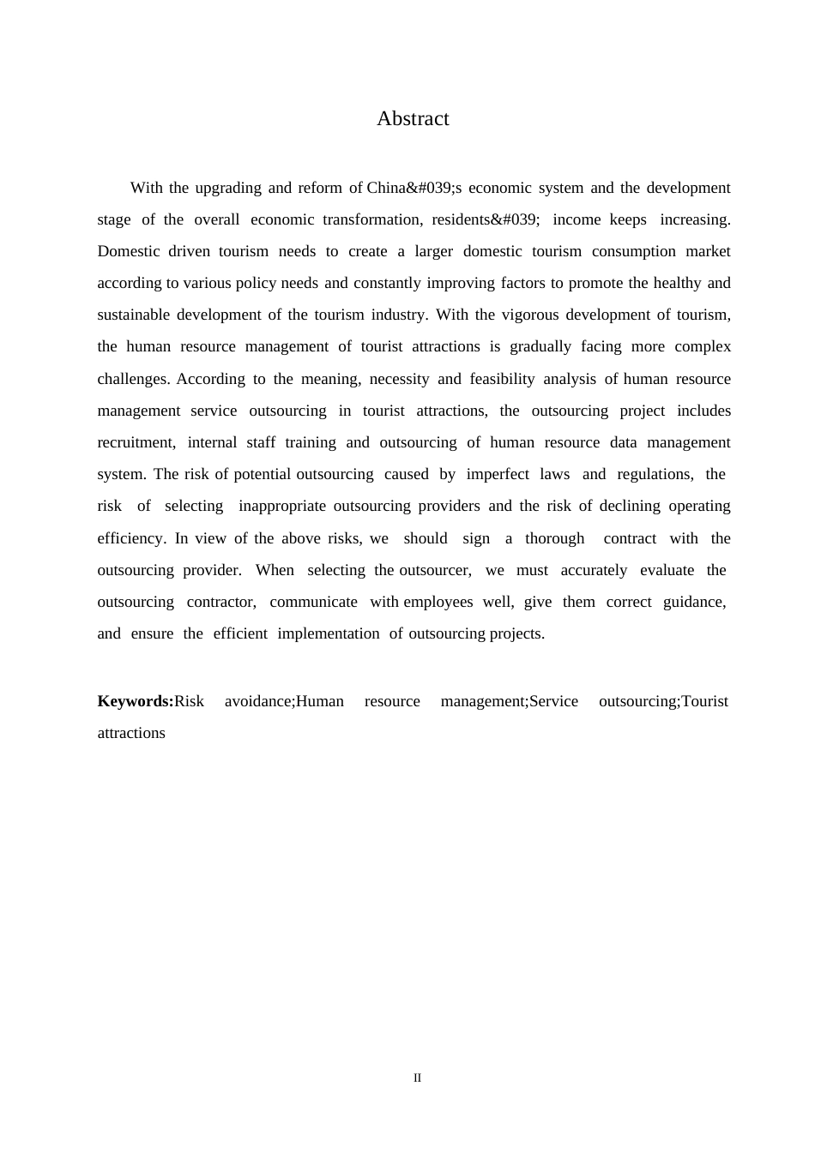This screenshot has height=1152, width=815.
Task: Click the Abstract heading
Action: [413, 118]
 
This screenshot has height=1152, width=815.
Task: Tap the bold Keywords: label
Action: [136, 701]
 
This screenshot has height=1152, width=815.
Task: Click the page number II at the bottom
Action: [418, 1077]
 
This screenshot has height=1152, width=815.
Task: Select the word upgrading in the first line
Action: [228, 188]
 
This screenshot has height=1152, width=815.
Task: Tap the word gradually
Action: [540, 346]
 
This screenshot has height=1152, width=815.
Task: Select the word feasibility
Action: [502, 379]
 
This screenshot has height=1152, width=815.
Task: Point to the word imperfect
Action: [498, 474]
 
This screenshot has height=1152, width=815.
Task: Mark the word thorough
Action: [554, 538]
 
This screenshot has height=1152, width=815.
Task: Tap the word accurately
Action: [594, 570]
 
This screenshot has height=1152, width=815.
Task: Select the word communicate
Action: [313, 602]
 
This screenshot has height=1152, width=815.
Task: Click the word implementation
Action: [328, 633]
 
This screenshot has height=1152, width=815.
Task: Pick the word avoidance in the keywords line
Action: [258, 701]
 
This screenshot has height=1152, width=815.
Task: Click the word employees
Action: [438, 602]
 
